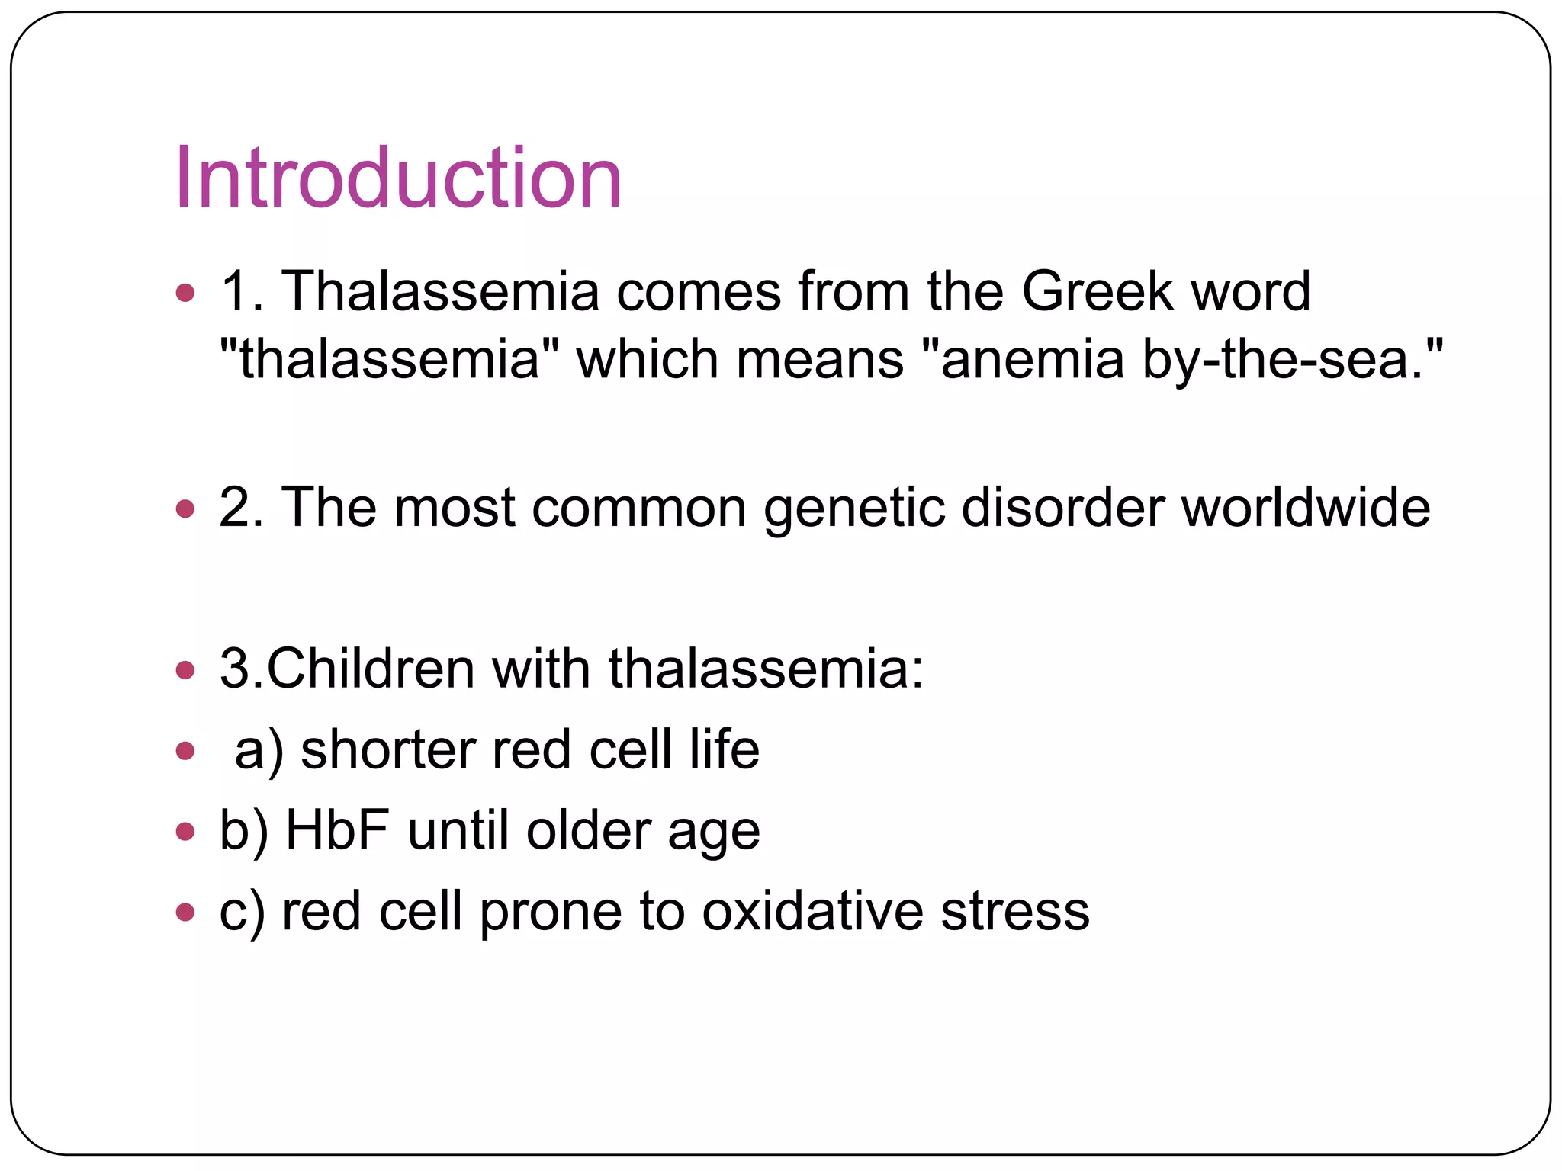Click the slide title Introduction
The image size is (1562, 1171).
[x=398, y=178]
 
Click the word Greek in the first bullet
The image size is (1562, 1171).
[x=1097, y=291]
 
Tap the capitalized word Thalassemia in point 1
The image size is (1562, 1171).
[x=440, y=291]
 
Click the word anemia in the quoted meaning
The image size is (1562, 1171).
[x=1032, y=359]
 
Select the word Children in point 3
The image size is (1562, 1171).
[x=370, y=669]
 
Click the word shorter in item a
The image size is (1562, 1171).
[x=387, y=749]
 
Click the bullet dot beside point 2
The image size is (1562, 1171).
[x=185, y=509]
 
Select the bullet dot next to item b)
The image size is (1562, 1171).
[x=185, y=831]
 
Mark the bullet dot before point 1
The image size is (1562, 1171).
[x=185, y=292]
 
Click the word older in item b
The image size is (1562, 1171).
[x=588, y=830]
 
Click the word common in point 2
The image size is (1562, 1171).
[x=638, y=508]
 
